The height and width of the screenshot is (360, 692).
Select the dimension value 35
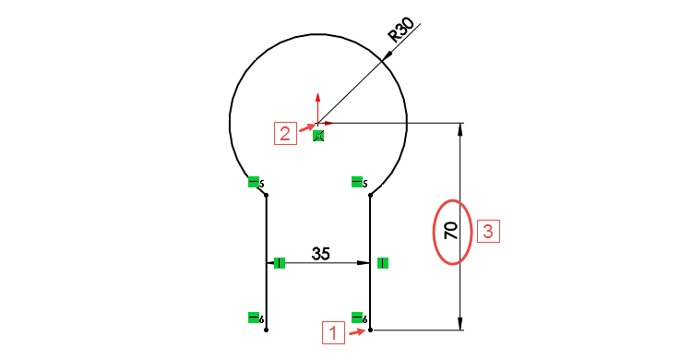(x=320, y=254)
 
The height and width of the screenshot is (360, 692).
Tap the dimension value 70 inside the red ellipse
(x=451, y=231)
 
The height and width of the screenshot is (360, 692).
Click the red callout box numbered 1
(x=333, y=331)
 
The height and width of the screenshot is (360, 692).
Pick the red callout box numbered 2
(x=285, y=133)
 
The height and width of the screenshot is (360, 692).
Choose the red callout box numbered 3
(x=488, y=230)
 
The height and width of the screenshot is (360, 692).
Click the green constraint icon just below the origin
(x=318, y=136)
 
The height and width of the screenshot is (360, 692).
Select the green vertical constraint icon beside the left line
(x=280, y=263)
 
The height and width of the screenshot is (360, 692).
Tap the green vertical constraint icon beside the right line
(x=383, y=263)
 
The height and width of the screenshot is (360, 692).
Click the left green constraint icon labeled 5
(x=254, y=182)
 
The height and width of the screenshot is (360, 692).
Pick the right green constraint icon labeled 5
(x=357, y=182)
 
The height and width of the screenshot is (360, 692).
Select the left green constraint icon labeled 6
(x=254, y=318)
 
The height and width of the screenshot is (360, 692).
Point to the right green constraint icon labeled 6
(x=357, y=318)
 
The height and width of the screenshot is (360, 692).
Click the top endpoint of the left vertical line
(x=267, y=195)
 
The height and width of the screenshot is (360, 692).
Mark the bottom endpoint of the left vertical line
(x=267, y=330)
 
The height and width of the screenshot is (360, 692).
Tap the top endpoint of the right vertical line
(x=370, y=195)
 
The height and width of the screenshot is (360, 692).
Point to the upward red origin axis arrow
(x=317, y=99)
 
